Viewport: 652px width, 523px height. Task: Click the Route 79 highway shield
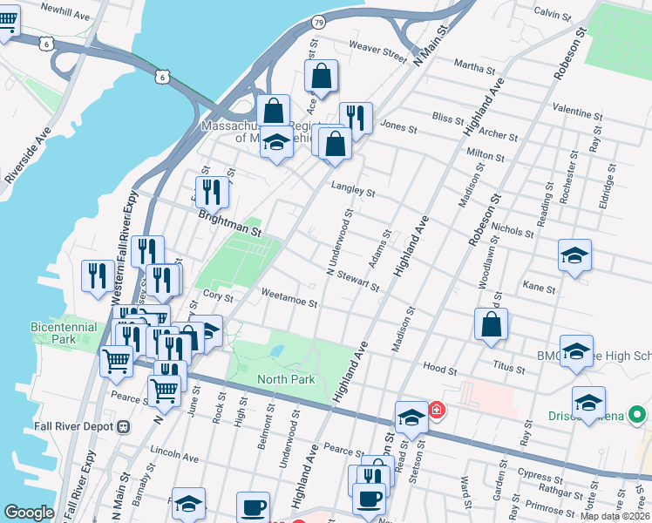[x=319, y=22]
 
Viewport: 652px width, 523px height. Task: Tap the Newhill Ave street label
[x=65, y=16]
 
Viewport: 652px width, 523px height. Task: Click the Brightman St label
[x=229, y=223]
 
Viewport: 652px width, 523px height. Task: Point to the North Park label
[x=286, y=379]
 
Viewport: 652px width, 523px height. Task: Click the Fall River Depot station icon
[x=123, y=426]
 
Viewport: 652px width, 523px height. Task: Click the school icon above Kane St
[x=574, y=255]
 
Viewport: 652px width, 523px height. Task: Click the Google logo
[x=29, y=513]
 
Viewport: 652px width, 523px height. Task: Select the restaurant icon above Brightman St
[x=212, y=191]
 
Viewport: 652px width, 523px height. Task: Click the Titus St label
[x=508, y=370]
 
